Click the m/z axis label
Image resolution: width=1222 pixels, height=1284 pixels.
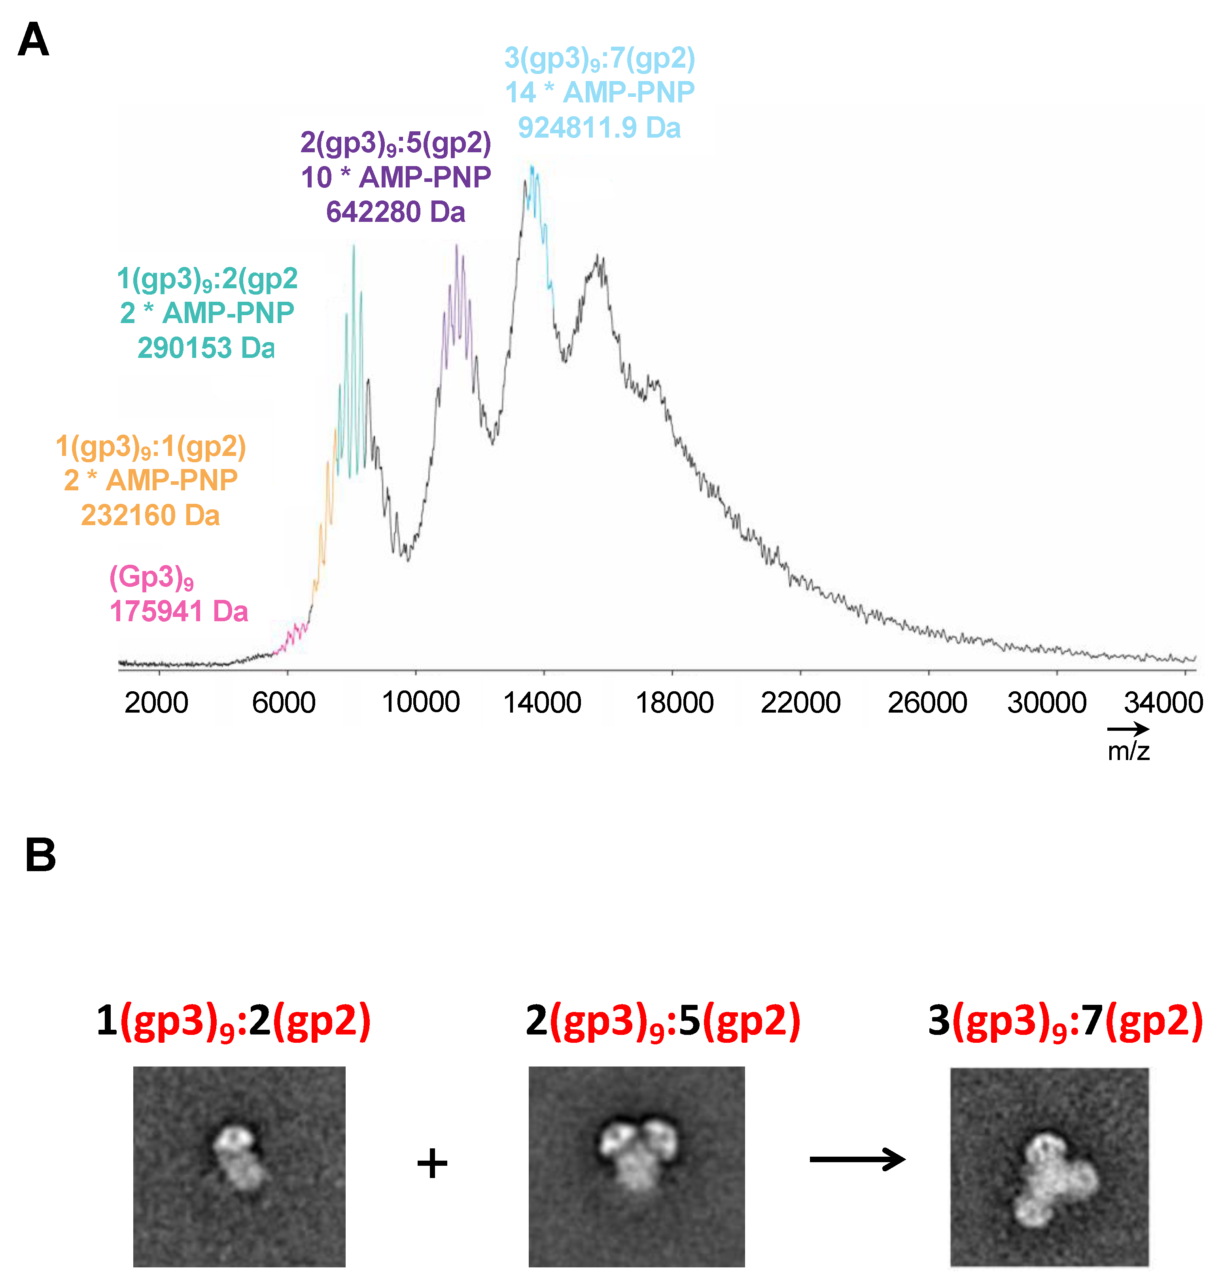click(1128, 751)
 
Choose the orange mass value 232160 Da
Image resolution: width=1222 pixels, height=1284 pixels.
click(150, 515)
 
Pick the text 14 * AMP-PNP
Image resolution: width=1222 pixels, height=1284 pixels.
click(599, 93)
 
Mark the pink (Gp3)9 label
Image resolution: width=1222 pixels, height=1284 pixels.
click(151, 577)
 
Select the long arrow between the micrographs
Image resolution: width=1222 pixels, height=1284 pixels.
click(857, 1159)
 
